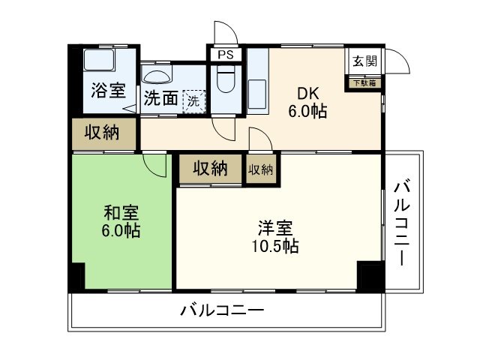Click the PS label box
coord(224,55)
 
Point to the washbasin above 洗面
coord(158,76)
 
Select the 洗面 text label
coord(160,98)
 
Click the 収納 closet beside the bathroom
coord(103,133)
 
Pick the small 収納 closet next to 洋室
coord(260,169)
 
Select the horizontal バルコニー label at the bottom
coord(222,310)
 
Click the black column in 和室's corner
coord(76,277)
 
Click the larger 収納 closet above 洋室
coord(210,169)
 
